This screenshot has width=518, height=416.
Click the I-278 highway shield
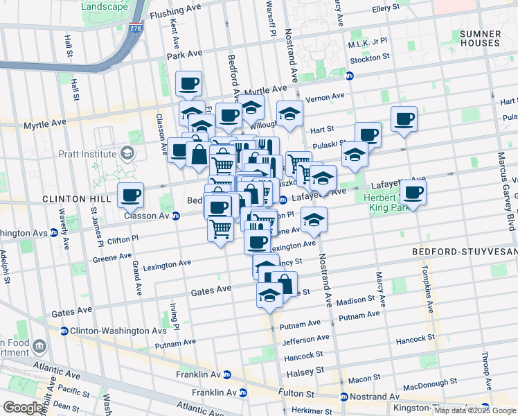coord(134,30)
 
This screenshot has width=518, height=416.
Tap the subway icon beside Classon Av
coord(176,216)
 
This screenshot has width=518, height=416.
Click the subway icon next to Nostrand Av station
coord(343,397)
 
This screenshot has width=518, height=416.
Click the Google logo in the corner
coord(23,408)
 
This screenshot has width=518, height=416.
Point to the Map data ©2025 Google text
coord(474,410)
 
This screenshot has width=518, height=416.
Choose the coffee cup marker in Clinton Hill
coord(130,196)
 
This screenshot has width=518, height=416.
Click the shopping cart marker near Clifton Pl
coord(220,227)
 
